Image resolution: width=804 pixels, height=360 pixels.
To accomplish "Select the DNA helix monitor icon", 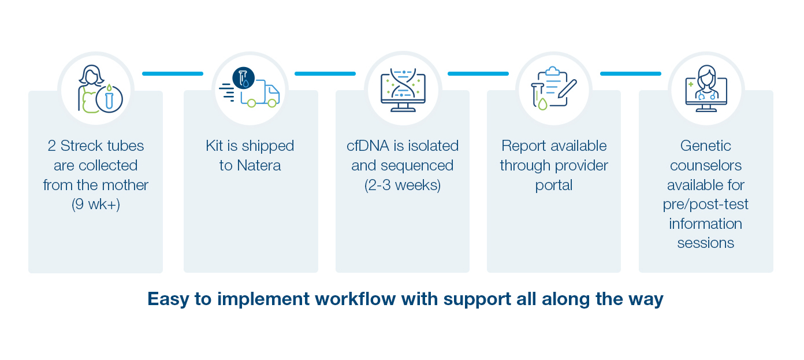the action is click(x=403, y=90).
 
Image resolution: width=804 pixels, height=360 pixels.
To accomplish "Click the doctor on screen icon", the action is click(x=706, y=88).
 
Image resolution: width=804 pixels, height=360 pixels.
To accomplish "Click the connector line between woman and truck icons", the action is click(x=173, y=73).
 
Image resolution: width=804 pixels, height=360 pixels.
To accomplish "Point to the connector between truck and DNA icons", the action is click(x=325, y=73).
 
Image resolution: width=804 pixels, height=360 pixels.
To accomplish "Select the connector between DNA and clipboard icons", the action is click(x=478, y=73).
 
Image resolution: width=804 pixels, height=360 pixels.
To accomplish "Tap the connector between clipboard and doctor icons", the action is click(x=631, y=73).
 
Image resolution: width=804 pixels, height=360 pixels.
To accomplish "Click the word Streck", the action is click(x=81, y=146).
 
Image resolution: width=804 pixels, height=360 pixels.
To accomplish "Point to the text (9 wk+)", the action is click(x=95, y=204).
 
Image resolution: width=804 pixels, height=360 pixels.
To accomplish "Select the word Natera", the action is click(x=259, y=165).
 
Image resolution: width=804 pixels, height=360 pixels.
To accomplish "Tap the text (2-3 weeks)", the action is click(x=403, y=185).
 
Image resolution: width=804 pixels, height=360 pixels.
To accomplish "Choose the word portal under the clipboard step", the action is click(x=554, y=185).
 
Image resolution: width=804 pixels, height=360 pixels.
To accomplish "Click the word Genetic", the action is click(x=706, y=146).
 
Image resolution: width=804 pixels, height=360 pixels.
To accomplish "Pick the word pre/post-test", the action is click(x=706, y=205).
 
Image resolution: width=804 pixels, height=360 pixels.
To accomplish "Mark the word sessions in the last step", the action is click(x=706, y=243).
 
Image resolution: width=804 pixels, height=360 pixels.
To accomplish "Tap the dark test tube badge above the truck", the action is click(x=244, y=78).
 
